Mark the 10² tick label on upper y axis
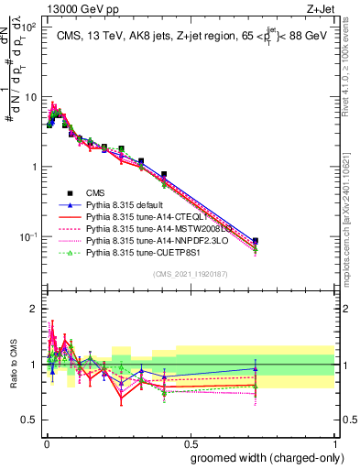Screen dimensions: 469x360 tap(28, 27)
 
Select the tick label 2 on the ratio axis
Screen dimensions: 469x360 tap(33, 309)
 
